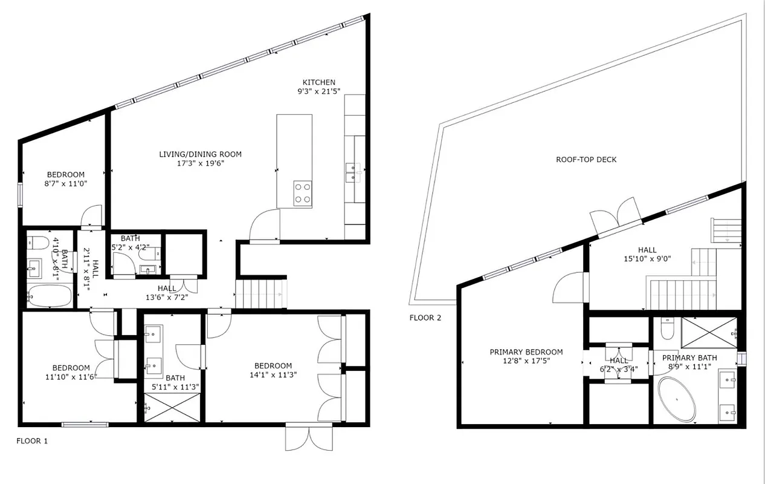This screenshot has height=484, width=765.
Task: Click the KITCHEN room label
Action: pyautogui.click(x=319, y=82)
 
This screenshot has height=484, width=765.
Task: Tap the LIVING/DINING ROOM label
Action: pyautogui.click(x=200, y=154)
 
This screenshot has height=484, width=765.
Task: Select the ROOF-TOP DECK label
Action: pyautogui.click(x=586, y=160)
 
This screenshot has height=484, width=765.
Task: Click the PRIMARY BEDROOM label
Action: pyautogui.click(x=526, y=352)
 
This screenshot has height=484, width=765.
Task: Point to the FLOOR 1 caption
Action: pyautogui.click(x=32, y=441)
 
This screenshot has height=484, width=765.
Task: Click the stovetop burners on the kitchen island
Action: pyautogui.click(x=302, y=193)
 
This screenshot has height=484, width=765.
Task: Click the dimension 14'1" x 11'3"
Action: pyautogui.click(x=273, y=375)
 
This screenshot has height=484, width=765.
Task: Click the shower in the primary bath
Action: pyautogui.click(x=709, y=332)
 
